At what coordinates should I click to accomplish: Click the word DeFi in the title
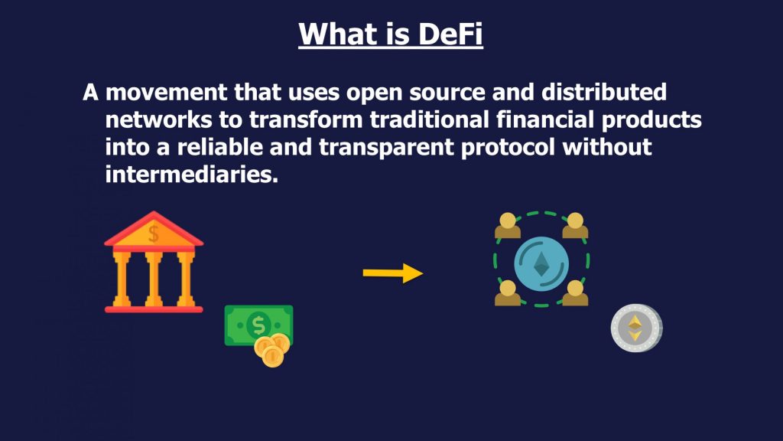tap(450, 34)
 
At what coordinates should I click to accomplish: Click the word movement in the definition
tap(166, 92)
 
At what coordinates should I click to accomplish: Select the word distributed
tap(604, 92)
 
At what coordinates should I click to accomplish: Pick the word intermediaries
tap(192, 175)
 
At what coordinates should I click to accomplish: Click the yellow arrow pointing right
tap(393, 273)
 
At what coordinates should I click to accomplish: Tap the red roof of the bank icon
tap(154, 230)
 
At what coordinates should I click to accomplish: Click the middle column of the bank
tap(154, 279)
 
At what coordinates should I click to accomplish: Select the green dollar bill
tap(258, 325)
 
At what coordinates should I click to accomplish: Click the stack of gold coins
tap(271, 351)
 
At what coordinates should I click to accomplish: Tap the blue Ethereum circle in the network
tap(541, 264)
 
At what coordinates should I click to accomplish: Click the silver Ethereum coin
tap(636, 328)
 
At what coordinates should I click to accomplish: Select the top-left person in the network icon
tap(508, 226)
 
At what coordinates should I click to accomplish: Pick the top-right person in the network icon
tap(575, 226)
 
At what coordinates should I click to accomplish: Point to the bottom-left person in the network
tap(508, 292)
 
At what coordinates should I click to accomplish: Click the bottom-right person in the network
tap(575, 292)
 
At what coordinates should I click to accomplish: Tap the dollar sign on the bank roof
tap(154, 234)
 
